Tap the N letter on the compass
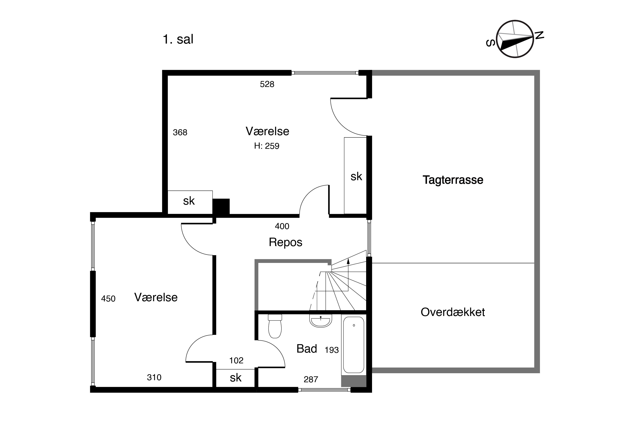(x=539, y=35)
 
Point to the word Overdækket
(x=453, y=312)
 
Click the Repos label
(x=285, y=242)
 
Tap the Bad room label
(x=307, y=349)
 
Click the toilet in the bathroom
(x=275, y=326)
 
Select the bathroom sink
(x=321, y=321)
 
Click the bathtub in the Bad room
(x=354, y=345)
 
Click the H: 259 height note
(x=266, y=146)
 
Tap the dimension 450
(x=108, y=298)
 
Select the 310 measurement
(x=154, y=377)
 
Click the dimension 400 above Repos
(x=282, y=226)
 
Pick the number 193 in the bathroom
(x=332, y=350)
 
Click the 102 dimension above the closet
(x=236, y=360)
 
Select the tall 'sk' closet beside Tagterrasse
(x=355, y=176)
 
